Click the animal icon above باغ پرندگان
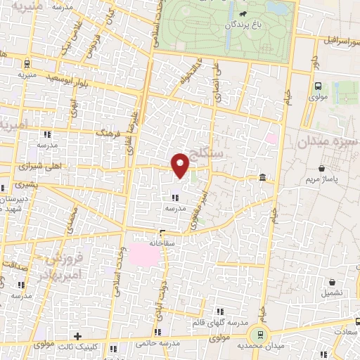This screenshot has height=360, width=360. click(242, 13)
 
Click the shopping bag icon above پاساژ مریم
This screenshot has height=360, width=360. click(322, 169)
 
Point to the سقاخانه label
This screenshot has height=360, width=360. click(162, 242)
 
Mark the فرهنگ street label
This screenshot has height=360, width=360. click(110, 134)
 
